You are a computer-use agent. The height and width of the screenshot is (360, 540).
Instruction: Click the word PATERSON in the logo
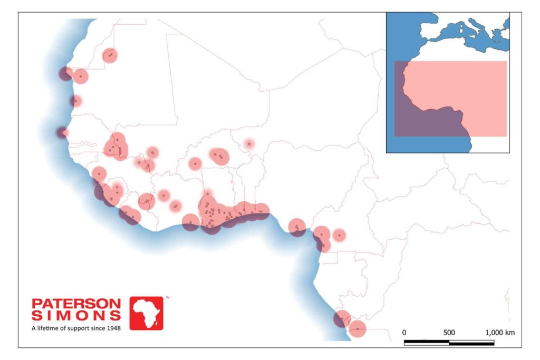[76, 304]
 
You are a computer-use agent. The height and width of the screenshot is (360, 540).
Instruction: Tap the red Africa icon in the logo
[147, 313]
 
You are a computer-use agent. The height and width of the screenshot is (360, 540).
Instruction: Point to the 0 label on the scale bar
[404, 333]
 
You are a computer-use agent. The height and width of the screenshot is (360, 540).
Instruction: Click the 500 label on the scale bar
[449, 333]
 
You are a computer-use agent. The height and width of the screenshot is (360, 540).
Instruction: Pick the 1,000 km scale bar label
[499, 333]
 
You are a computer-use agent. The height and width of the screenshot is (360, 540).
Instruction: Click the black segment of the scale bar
[426, 343]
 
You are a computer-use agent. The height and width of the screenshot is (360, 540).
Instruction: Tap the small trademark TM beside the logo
[167, 298]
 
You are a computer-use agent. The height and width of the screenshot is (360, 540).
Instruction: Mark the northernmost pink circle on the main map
[110, 55]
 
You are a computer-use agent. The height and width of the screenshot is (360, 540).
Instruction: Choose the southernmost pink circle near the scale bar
[358, 329]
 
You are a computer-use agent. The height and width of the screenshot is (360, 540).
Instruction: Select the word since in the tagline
[98, 328]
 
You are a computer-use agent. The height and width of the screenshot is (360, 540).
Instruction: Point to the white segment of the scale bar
[471, 343]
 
